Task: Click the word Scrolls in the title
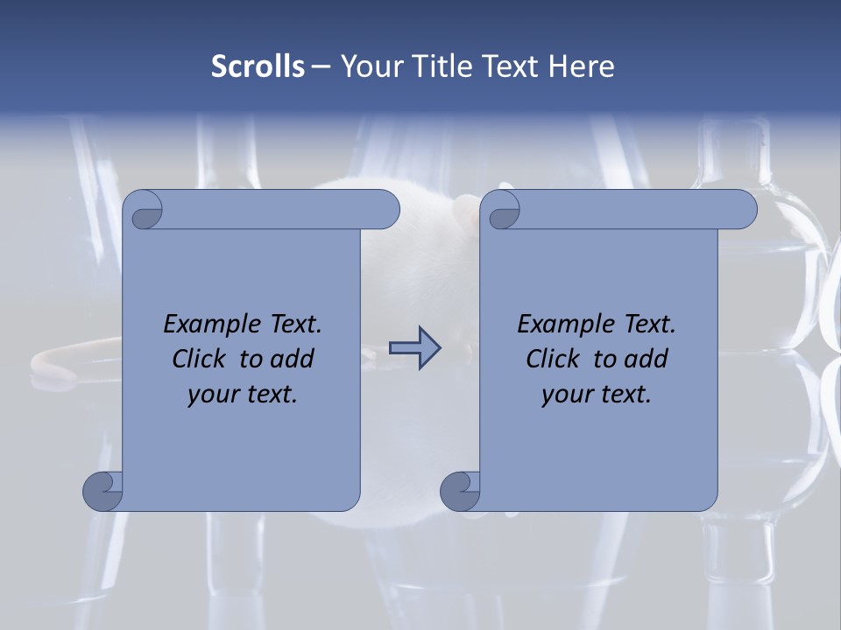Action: pos(258,66)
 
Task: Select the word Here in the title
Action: pos(582,66)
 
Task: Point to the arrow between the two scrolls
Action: pos(414,348)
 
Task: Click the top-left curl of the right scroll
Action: pos(502,211)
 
